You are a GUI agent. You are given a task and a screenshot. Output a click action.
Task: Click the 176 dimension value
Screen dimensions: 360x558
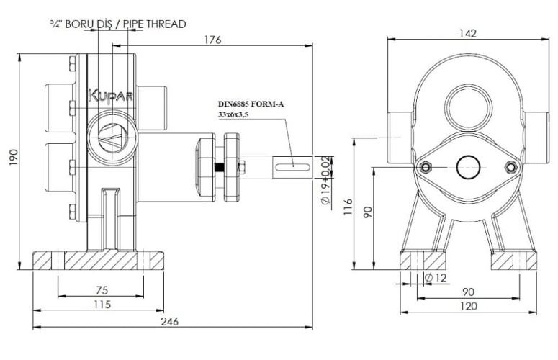212,40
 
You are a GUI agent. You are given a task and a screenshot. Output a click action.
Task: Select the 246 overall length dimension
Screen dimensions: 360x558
170,321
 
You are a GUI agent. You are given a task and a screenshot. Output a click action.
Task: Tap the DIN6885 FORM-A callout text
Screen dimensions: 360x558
251,104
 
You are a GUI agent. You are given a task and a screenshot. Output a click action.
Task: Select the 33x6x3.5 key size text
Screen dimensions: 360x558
237,114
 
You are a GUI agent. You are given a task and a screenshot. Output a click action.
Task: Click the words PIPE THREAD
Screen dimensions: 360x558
156,24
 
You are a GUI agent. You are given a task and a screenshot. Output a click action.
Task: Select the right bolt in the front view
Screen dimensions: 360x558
512,168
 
